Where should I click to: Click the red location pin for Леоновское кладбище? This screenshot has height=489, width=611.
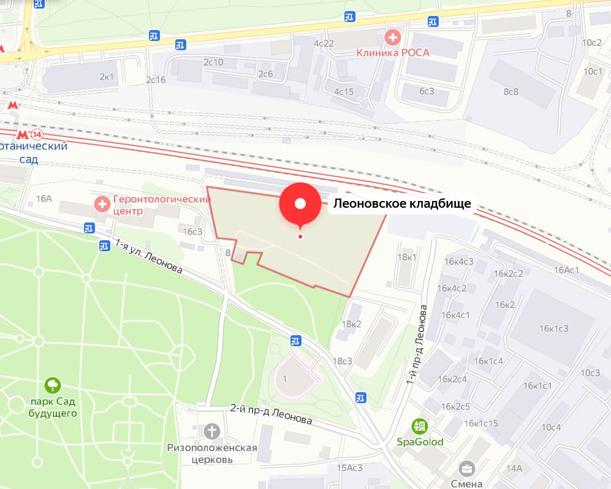(x=300, y=205)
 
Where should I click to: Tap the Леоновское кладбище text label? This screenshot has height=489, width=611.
(x=402, y=204)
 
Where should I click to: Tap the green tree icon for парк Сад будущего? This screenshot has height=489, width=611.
(x=53, y=385)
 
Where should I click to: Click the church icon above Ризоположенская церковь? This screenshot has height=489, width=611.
(x=212, y=431)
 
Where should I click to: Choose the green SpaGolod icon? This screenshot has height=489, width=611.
(x=420, y=426)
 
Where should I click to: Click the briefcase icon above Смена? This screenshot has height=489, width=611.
(x=468, y=469)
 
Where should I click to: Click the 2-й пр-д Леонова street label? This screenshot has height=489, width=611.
(x=271, y=414)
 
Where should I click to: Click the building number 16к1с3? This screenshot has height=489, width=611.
(x=553, y=328)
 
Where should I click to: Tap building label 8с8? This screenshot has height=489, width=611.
(x=510, y=91)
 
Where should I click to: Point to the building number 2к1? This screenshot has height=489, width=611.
(x=107, y=77)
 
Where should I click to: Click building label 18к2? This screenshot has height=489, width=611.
(x=351, y=324)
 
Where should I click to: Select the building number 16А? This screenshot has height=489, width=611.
(x=44, y=199)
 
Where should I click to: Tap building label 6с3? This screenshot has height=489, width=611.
(x=427, y=91)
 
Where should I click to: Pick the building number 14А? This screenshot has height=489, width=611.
(x=514, y=469)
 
